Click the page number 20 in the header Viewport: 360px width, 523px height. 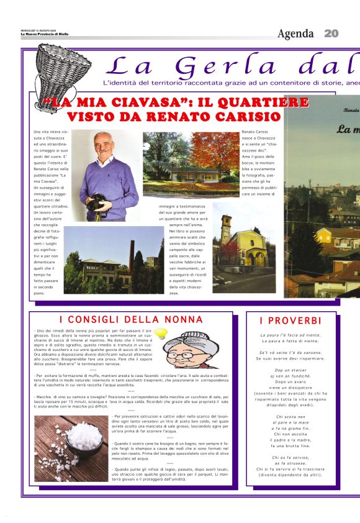click(331, 34)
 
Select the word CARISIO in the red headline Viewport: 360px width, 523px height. click(241, 116)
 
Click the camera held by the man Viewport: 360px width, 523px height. click(97, 202)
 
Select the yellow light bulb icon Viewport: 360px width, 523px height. click(160, 334)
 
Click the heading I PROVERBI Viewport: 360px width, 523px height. click(290, 321)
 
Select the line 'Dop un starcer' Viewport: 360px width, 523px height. click(290, 370)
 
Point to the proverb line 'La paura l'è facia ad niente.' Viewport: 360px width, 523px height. click(290, 335)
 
